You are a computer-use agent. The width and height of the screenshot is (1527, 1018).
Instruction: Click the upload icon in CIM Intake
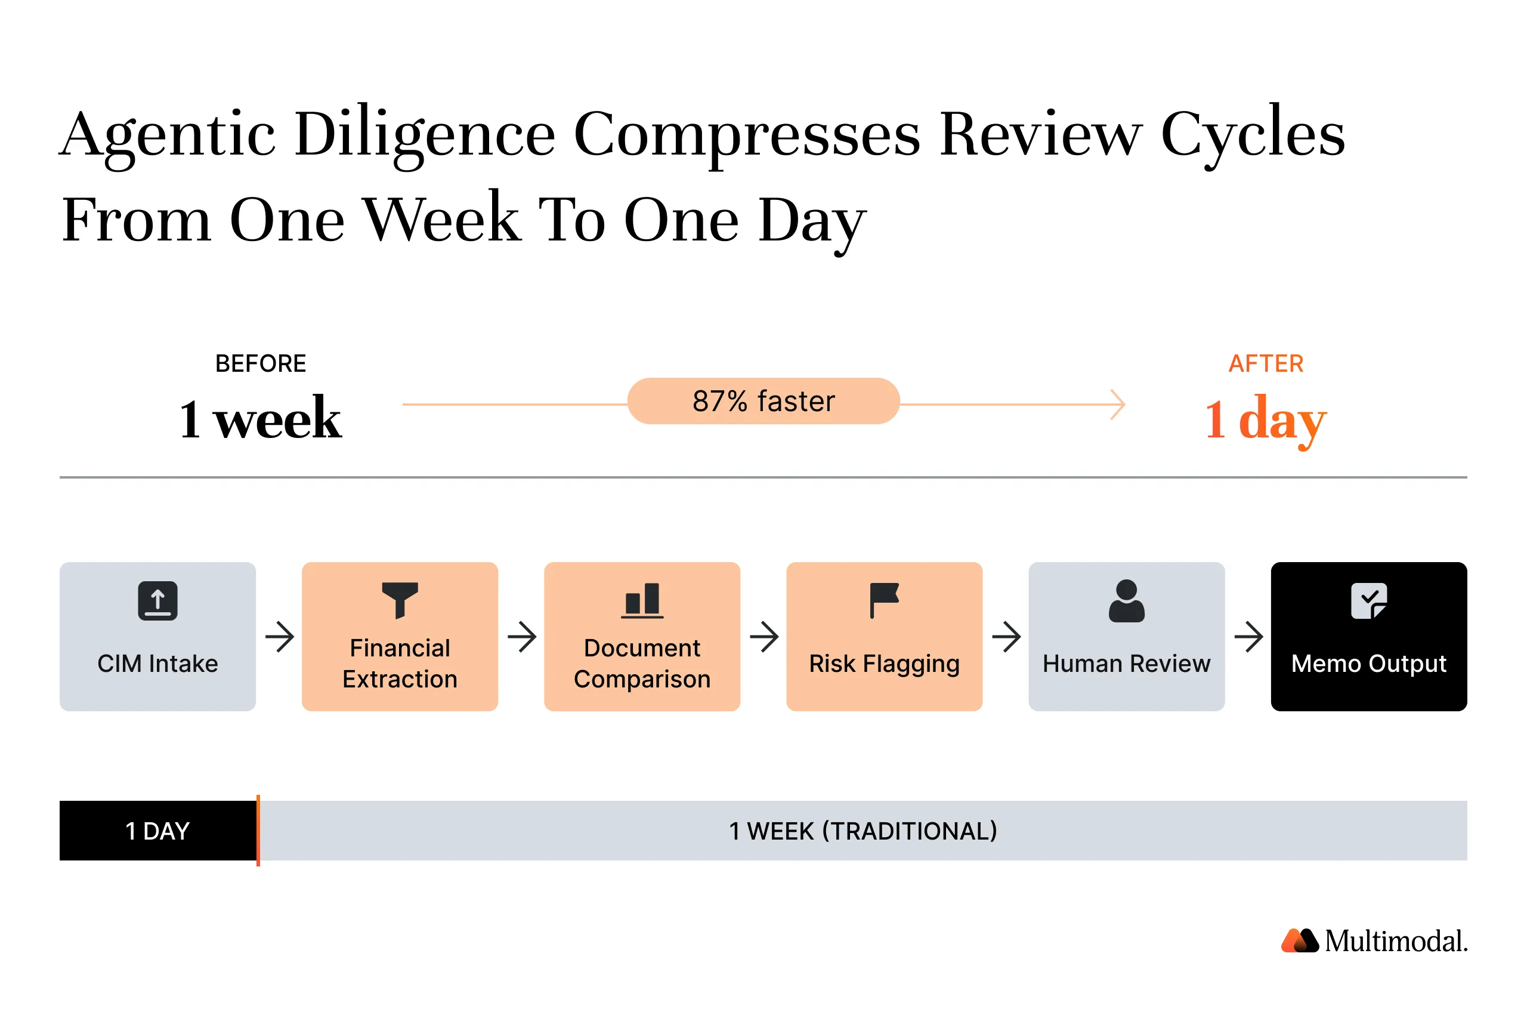pyautogui.click(x=157, y=600)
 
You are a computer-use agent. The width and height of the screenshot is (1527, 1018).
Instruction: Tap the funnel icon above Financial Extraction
pyautogui.click(x=400, y=599)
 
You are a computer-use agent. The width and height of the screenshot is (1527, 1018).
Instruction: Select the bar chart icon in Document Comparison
pyautogui.click(x=642, y=600)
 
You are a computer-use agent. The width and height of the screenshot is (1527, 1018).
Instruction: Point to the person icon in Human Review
pyautogui.click(x=1126, y=600)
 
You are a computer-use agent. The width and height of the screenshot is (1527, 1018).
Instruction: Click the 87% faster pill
pyautogui.click(x=763, y=401)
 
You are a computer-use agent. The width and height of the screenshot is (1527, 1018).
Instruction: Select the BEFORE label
pyautogui.click(x=260, y=363)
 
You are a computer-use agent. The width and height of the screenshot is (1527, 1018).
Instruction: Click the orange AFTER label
pyautogui.click(x=1266, y=363)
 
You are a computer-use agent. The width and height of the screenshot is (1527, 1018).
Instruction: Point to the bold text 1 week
pyautogui.click(x=260, y=419)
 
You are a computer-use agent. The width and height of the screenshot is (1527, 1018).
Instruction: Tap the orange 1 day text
pyautogui.click(x=1266, y=419)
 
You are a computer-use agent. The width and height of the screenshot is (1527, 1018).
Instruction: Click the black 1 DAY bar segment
pyautogui.click(x=157, y=831)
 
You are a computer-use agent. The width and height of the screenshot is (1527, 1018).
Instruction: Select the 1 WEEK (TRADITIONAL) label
pyautogui.click(x=863, y=831)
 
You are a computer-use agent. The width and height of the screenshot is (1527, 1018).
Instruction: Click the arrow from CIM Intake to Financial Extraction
pyautogui.click(x=280, y=636)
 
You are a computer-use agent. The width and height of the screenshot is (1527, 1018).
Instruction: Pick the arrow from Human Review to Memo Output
pyautogui.click(x=1248, y=636)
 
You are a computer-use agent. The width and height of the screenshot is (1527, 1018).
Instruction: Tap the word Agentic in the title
pyautogui.click(x=168, y=134)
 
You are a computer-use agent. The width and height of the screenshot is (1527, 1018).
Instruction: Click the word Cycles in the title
pyautogui.click(x=1252, y=134)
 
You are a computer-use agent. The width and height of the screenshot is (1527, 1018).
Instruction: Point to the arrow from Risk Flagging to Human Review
pyautogui.click(x=1006, y=636)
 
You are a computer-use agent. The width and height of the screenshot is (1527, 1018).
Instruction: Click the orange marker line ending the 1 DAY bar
pyautogui.click(x=258, y=831)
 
